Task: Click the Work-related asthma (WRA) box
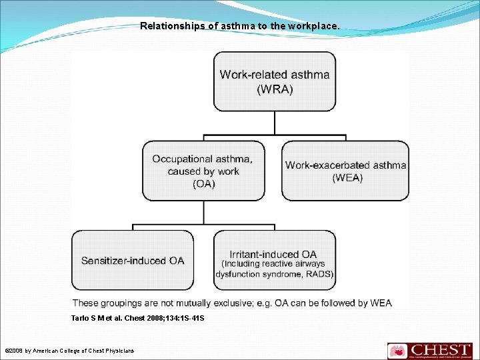tap(275, 81)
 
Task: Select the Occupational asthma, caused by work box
tap(203, 171)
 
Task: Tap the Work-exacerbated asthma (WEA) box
tap(345, 171)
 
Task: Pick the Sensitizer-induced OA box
tap(133, 260)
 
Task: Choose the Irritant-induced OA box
tap(275, 260)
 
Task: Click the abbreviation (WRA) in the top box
tap(275, 89)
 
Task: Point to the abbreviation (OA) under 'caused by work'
tap(203, 184)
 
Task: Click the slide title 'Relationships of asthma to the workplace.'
tap(239, 27)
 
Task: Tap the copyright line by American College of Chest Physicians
tap(69, 351)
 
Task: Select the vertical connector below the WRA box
tap(275, 123)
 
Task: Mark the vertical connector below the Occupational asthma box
tap(203, 213)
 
